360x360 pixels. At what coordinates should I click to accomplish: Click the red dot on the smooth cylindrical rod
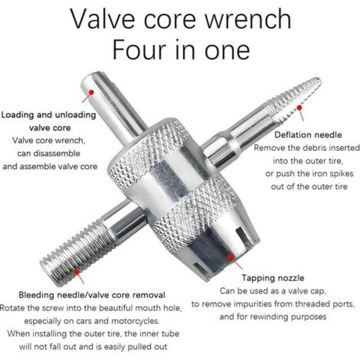(x=91, y=92)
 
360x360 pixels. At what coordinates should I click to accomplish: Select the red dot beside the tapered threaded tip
(x=300, y=107)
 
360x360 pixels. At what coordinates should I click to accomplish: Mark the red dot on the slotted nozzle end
(x=230, y=257)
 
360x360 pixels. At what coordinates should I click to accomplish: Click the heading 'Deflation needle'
(x=308, y=135)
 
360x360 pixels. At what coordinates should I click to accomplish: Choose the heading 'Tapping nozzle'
(x=273, y=283)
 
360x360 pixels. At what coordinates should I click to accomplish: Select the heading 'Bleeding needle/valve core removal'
(x=92, y=295)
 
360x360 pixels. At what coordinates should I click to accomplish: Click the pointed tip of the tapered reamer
(x=320, y=81)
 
